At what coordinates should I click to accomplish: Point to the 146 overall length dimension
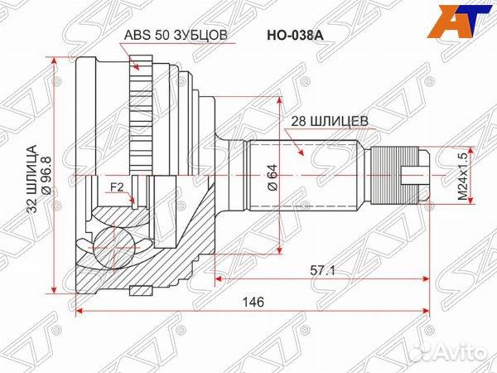[x=253, y=303]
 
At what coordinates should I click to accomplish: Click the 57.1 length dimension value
[x=321, y=270]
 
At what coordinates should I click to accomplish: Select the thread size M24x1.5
[x=461, y=177]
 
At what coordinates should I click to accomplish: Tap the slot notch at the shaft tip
[x=415, y=177]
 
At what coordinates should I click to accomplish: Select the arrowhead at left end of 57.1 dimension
[x=218, y=280]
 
